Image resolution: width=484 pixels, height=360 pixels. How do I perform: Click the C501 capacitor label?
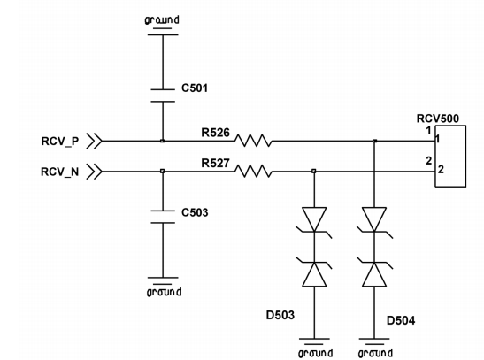195,88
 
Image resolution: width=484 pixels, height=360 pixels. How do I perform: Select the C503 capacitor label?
195,212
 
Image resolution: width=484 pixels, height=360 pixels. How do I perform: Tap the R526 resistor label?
215,133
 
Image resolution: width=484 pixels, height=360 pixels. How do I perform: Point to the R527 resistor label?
215,163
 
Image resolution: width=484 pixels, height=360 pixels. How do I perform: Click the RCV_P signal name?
60,142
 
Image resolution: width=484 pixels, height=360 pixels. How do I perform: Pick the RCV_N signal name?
60,172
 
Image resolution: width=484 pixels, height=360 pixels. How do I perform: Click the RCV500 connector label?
438,119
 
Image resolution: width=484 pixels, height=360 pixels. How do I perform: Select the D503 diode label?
280,315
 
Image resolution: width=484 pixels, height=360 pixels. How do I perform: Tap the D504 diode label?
401,321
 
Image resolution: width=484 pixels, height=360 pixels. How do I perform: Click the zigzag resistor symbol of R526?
253,141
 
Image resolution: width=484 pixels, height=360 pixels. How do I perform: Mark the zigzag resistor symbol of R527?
253,172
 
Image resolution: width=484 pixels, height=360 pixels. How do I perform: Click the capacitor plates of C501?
163,96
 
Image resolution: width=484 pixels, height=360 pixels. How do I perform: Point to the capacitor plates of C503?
163,217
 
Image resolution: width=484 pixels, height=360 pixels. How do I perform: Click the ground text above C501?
162,19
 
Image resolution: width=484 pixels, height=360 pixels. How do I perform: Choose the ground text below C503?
164,292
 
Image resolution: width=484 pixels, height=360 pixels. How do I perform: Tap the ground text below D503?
316,353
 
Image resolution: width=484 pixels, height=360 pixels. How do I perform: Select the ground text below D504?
375,353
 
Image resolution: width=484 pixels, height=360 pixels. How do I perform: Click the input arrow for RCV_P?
94,141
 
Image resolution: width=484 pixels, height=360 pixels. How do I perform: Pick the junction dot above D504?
375,141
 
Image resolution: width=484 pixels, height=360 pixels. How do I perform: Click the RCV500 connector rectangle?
450,126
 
